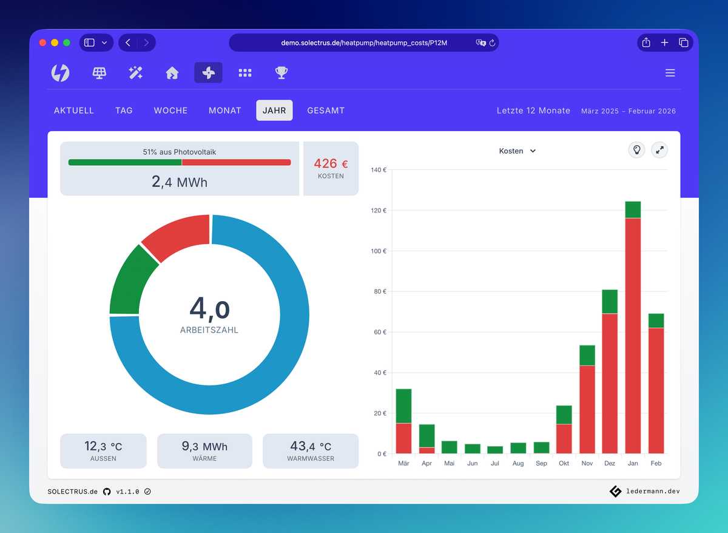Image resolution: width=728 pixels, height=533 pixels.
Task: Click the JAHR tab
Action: [x=274, y=110]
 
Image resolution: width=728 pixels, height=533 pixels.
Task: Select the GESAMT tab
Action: [x=326, y=110]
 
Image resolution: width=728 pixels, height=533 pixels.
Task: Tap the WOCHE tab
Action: [x=170, y=110]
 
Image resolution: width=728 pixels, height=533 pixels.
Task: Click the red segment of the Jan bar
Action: [x=633, y=334]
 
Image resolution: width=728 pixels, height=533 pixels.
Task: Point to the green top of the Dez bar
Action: [x=610, y=302]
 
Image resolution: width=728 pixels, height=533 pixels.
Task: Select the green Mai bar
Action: [x=450, y=447]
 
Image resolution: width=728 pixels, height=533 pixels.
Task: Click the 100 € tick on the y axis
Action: [x=379, y=251]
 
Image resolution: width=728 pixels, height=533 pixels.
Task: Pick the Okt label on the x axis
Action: [x=564, y=463]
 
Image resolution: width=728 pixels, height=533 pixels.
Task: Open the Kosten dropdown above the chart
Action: [x=517, y=151]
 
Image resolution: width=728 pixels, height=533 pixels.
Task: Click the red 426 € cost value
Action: [x=331, y=164]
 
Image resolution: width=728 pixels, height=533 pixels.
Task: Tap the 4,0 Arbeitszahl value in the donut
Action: [x=209, y=309]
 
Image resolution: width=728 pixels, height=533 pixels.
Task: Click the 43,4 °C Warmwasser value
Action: [x=310, y=447]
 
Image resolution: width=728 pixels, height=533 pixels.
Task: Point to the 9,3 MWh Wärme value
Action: [x=204, y=447]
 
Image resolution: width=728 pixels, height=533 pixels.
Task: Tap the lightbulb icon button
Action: [x=636, y=150]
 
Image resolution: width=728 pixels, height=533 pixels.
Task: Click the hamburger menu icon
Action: [x=670, y=73]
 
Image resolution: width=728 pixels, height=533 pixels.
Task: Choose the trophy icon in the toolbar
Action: [x=281, y=73]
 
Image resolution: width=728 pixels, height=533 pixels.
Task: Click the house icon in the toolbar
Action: [x=172, y=73]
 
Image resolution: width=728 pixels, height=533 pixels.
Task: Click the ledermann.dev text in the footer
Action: [x=652, y=491]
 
